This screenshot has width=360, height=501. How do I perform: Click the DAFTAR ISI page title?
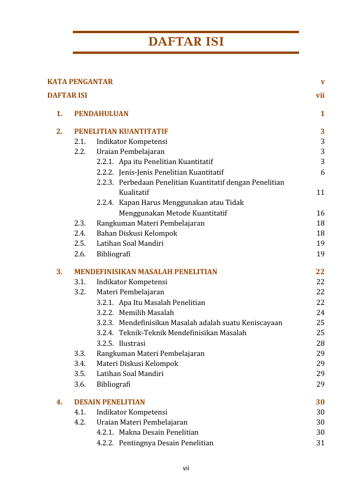pyautogui.click(x=186, y=42)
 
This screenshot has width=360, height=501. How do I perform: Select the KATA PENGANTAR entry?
pyautogui.click(x=80, y=82)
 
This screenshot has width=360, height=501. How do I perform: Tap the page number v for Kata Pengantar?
pyautogui.click(x=322, y=82)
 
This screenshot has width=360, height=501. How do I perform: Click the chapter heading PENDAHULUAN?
pyautogui.click(x=101, y=114)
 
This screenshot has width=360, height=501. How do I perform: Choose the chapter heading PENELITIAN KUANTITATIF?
pyautogui.click(x=121, y=131)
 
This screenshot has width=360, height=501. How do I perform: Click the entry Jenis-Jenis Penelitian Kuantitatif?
pyautogui.click(x=171, y=172)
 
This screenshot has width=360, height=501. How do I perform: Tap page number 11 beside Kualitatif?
pyautogui.click(x=320, y=192)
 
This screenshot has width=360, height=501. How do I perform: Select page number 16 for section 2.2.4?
pyautogui.click(x=320, y=213)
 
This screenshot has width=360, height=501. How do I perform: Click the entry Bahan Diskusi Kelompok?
pyautogui.click(x=137, y=233)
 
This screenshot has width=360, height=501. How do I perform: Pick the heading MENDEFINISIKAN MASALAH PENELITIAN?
pyautogui.click(x=146, y=272)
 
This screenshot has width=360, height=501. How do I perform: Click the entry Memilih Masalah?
pyautogui.click(x=146, y=313)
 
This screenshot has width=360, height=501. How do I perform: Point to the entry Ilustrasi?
pyautogui.click(x=132, y=343)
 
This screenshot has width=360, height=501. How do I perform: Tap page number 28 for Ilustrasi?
pyautogui.click(x=320, y=343)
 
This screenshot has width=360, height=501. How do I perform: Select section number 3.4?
pyautogui.click(x=80, y=364)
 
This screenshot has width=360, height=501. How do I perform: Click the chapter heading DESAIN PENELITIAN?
pyautogui.click(x=110, y=402)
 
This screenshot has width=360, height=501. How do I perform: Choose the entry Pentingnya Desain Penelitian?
pyautogui.click(x=166, y=443)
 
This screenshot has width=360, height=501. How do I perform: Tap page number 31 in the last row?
pyautogui.click(x=320, y=443)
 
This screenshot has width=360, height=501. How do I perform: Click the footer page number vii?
pyautogui.click(x=185, y=469)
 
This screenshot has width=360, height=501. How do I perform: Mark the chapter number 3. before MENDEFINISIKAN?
pyautogui.click(x=60, y=272)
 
